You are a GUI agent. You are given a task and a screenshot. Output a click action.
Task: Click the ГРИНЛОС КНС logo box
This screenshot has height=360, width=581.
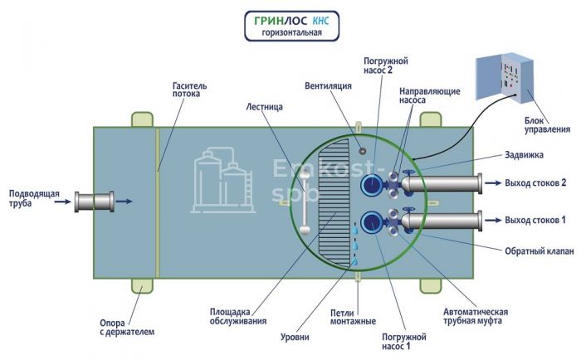[290, 25]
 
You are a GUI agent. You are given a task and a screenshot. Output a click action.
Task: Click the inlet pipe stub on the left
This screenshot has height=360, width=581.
[93, 201]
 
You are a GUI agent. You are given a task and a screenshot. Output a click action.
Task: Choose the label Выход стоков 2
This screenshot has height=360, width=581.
[535, 182]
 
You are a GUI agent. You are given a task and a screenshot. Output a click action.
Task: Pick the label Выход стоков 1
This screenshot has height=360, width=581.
[535, 220]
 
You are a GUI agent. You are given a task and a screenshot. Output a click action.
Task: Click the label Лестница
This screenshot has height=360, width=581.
[266, 107]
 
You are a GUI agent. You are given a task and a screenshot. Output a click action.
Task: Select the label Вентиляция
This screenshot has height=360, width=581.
[327, 85]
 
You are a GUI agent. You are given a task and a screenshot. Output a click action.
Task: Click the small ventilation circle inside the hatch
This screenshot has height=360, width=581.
[362, 150]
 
